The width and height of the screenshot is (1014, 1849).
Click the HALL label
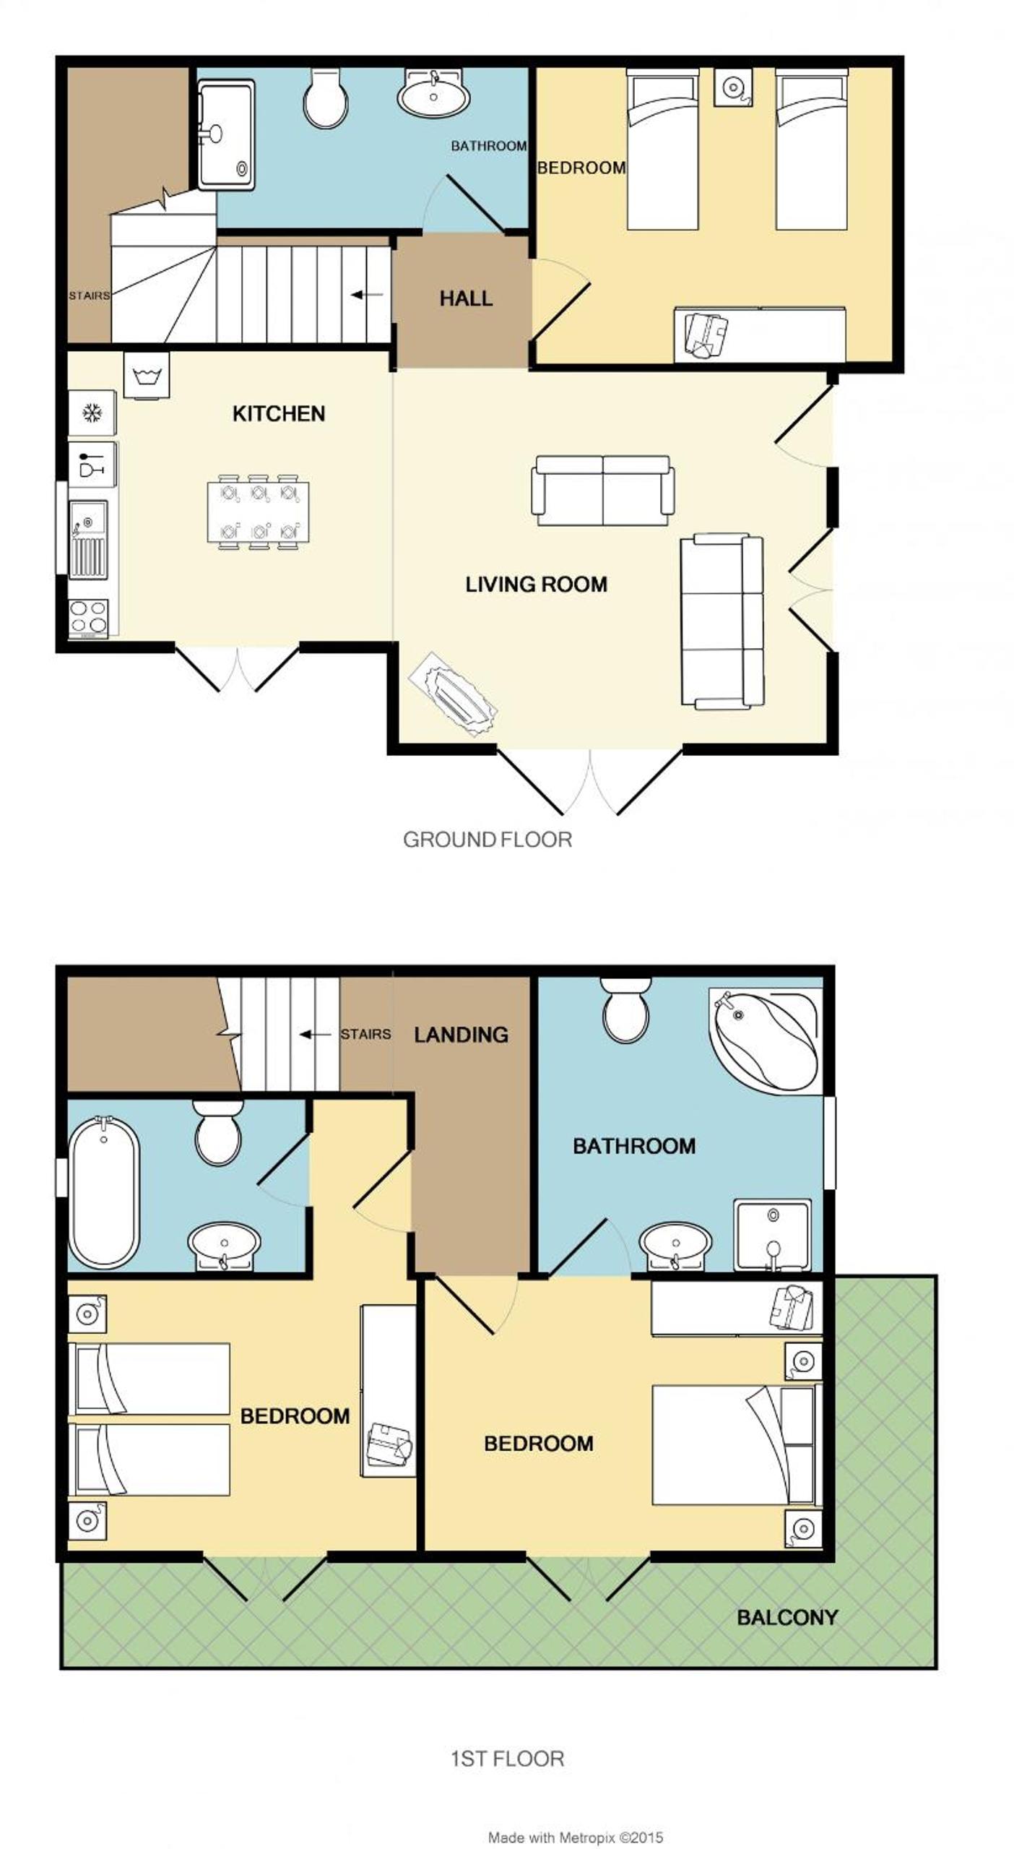(466, 298)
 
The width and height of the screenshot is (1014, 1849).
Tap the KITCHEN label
(279, 413)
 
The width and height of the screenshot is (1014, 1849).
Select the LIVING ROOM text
(536, 584)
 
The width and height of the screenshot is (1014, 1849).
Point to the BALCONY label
(787, 1617)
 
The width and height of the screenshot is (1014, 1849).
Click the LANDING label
(461, 1035)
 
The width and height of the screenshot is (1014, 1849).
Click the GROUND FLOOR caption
(487, 839)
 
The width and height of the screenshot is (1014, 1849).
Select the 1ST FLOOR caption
(507, 1759)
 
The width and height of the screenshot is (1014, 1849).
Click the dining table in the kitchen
(258, 512)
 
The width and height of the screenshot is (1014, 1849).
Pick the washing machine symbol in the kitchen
(147, 375)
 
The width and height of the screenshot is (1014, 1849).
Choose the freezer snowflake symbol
(92, 413)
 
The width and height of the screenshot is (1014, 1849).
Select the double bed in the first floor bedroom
(737, 1445)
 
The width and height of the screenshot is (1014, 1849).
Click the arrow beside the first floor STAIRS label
(315, 1035)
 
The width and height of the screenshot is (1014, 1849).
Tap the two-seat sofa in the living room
(603, 491)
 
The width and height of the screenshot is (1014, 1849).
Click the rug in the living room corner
(453, 694)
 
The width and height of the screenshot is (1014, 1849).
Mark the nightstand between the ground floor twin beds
(733, 87)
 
